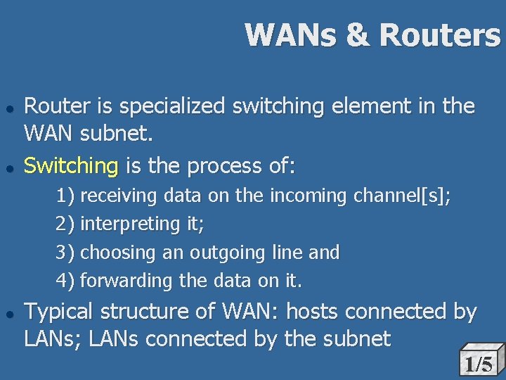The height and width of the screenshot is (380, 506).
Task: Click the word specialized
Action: [x=171, y=108]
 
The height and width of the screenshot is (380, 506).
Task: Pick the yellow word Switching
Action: [x=72, y=167]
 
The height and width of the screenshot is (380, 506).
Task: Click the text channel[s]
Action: [x=402, y=196]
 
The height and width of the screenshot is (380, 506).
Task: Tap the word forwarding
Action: [x=127, y=281]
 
